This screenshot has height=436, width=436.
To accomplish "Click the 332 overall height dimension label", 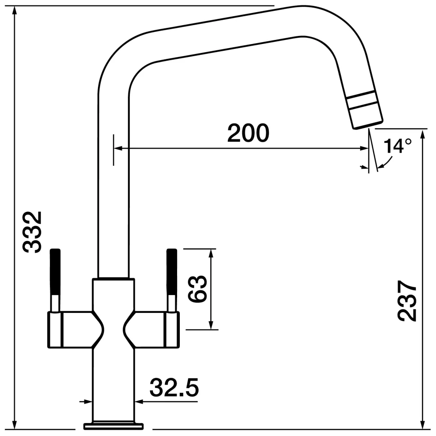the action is coord(32,232).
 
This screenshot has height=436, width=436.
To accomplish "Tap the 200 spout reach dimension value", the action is coord(249,133).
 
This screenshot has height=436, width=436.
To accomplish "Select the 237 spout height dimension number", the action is coord(407,301).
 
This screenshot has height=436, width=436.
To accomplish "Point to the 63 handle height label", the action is coord(197,289).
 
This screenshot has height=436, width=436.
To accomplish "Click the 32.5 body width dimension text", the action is coord(174,388).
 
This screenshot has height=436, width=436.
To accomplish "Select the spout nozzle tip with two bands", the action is coord(365,110).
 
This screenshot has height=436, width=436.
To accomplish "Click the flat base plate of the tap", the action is coord(114,426).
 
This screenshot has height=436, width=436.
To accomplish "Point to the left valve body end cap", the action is coord(55,330).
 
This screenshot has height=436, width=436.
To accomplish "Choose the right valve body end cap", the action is coord(172,330).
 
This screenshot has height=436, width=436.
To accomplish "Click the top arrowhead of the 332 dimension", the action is coord(15,11).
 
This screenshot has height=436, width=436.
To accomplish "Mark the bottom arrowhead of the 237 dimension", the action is coord(423,425).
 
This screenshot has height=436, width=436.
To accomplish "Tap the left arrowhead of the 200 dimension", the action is coord(118,148).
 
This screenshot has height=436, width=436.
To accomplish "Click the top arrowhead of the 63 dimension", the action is coord(211,253).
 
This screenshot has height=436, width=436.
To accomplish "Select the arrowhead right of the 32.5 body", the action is coord(139,401).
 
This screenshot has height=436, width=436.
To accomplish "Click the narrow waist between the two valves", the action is coord(114,330).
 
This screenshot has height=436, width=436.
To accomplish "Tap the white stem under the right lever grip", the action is coord(172,304).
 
